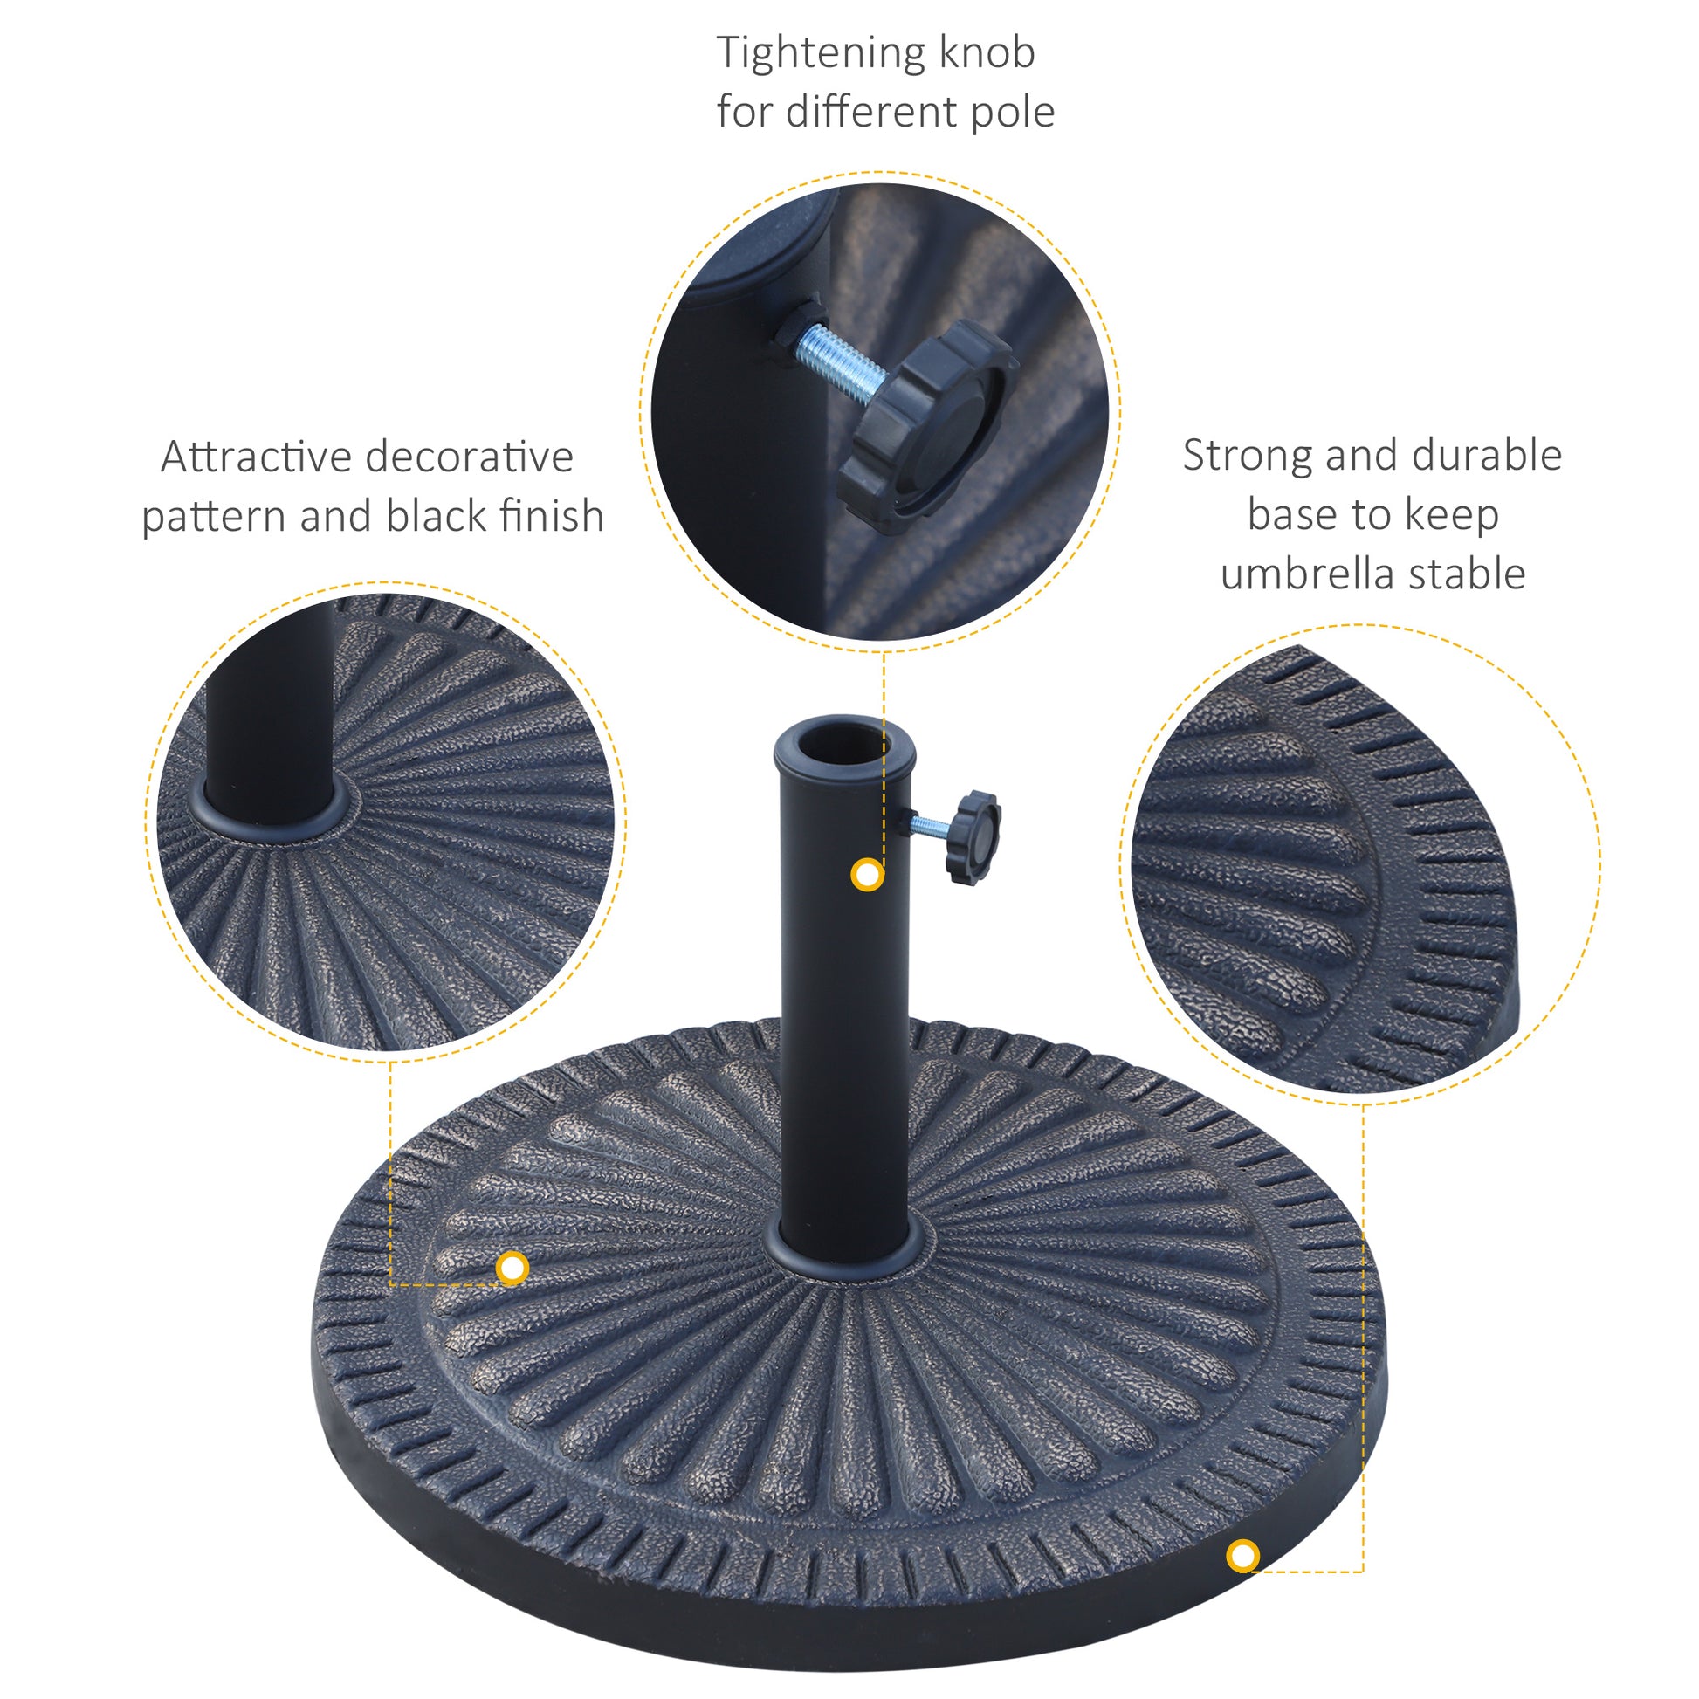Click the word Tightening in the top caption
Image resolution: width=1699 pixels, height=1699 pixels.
[821, 54]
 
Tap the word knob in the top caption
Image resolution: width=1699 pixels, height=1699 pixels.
[987, 52]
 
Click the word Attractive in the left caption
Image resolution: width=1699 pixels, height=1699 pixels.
[256, 457]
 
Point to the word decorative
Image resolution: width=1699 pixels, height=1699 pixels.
[469, 457]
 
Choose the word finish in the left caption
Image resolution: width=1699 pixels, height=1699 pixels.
[552, 515]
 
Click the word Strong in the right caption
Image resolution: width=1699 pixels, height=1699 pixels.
[1247, 457]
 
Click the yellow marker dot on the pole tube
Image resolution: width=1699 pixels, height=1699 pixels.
[868, 875]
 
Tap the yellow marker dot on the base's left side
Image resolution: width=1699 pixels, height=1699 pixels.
[512, 1268]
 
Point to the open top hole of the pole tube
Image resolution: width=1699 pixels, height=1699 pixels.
[845, 739]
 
